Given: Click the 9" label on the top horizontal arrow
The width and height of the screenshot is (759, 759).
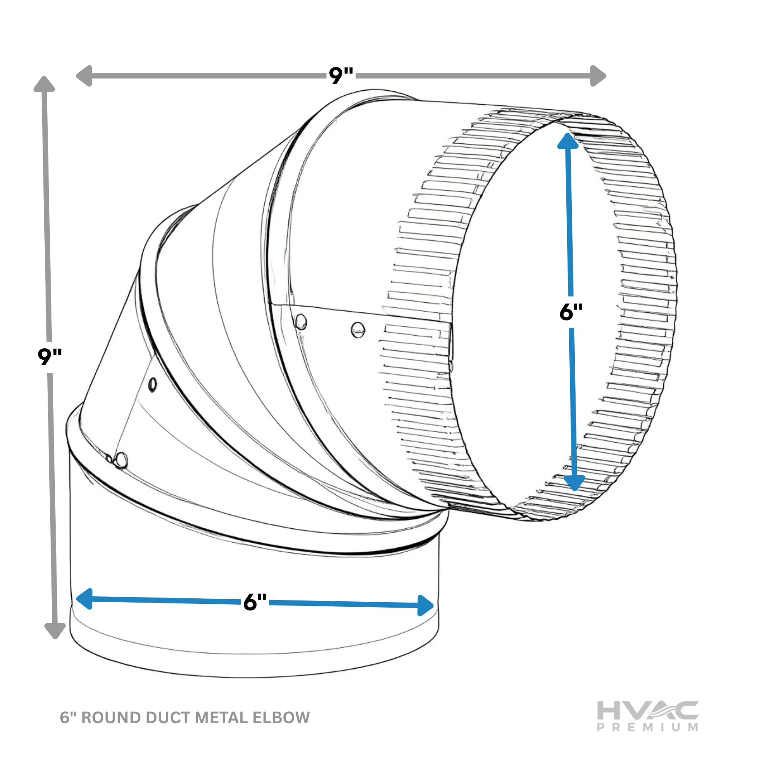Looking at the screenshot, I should [341, 76].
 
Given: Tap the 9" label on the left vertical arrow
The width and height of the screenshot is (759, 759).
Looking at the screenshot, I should [50, 357].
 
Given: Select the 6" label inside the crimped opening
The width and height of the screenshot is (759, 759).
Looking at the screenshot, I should [571, 312].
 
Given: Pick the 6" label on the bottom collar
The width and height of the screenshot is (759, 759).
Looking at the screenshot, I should [255, 602].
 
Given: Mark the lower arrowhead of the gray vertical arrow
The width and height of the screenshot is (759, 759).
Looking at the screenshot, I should [55, 630].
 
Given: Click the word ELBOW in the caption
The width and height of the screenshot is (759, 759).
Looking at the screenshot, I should [281, 718].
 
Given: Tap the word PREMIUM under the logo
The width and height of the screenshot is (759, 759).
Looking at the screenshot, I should [647, 727].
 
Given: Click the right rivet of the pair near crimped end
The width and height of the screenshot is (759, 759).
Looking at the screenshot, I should [358, 329].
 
